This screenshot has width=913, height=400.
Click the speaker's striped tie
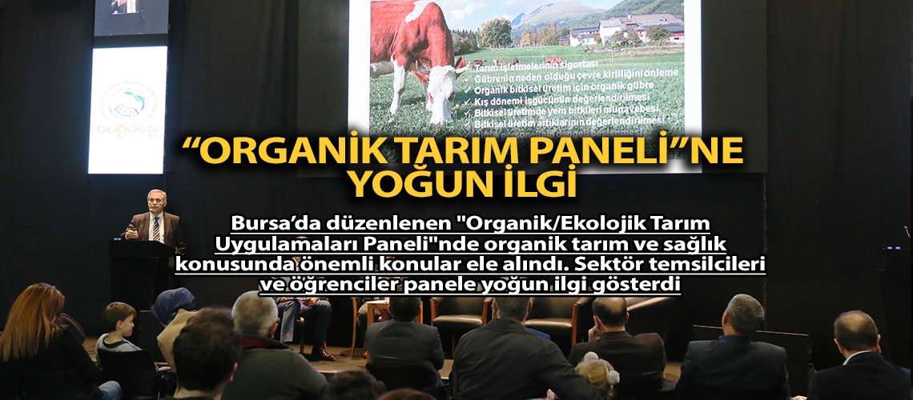tap(157, 227)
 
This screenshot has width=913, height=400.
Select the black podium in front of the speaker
tap(141, 272)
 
